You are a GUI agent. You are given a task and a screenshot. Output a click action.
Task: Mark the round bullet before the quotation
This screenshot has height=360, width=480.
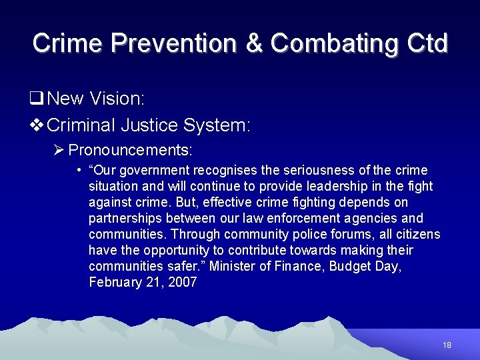click(79, 170)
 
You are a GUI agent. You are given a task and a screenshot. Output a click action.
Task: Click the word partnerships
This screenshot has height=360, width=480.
click(127, 219)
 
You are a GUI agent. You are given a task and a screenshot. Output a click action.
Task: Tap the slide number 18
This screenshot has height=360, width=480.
click(447, 345)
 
